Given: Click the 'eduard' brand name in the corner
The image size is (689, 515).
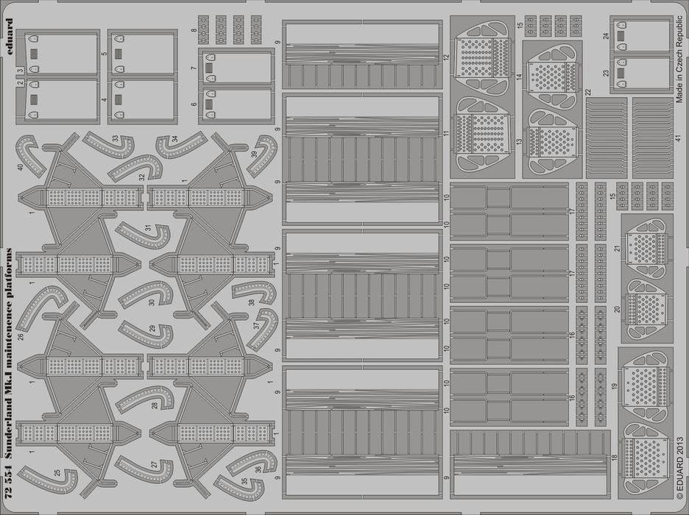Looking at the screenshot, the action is coord(10,38).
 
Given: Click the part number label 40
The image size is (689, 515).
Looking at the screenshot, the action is coord(20,167).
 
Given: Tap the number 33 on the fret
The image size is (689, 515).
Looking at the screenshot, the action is coord(115,138).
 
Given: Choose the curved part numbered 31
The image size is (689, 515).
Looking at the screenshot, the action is coord(144,236).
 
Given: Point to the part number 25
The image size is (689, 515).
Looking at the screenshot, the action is coord(57,473).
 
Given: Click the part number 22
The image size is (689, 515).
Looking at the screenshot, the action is coord(588,92).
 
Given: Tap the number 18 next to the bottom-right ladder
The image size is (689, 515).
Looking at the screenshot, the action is coord(615,457).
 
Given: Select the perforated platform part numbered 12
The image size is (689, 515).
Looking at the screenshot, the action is coord(482,57).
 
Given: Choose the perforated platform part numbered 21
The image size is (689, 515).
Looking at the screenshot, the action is coord(646,248).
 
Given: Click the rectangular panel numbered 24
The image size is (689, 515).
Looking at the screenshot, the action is coord(643,37).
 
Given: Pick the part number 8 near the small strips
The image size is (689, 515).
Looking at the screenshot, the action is coord(194,30).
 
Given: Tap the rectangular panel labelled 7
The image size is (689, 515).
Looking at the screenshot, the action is coord(237,68).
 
